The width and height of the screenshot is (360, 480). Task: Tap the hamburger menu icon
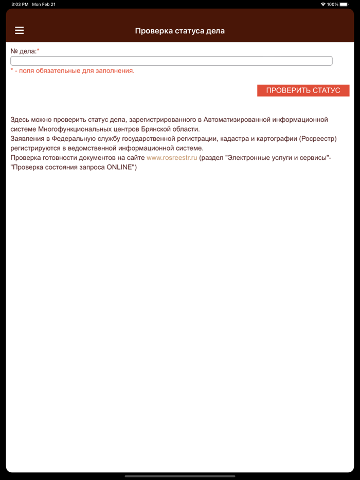(20, 30)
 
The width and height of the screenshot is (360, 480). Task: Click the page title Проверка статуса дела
(179, 31)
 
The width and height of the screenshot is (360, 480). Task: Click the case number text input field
(171, 61)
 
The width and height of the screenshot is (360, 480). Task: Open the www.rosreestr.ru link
(172, 158)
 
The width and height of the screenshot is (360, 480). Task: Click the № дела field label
(23, 51)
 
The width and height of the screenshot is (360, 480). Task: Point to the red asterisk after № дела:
(38, 51)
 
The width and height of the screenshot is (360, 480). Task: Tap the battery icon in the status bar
(344, 4)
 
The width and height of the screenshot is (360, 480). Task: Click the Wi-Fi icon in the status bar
(323, 4)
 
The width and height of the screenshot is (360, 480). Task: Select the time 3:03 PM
(20, 4)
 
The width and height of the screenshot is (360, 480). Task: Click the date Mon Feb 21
(44, 4)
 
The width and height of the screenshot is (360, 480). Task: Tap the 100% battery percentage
(332, 4)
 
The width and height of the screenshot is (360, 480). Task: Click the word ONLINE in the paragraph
(119, 168)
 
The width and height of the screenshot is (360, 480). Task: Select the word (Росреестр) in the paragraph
(312, 139)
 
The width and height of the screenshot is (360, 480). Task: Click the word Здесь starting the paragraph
(21, 120)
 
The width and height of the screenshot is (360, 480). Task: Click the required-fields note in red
(73, 71)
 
